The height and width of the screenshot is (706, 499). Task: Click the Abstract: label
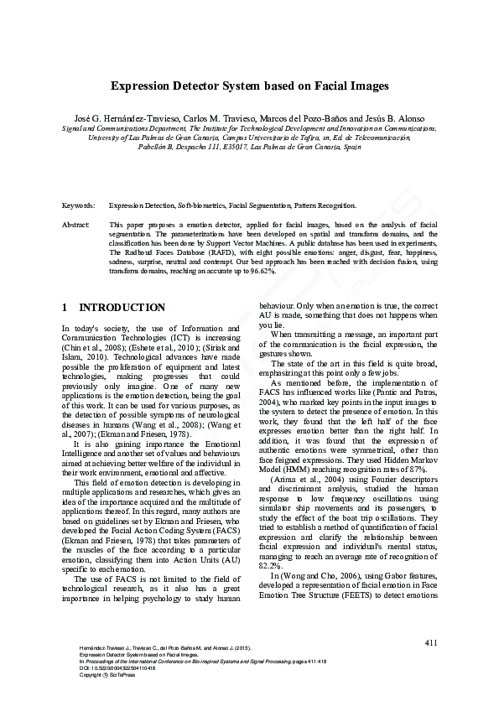[x=76, y=226]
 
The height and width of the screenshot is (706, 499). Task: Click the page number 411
[x=430, y=642]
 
